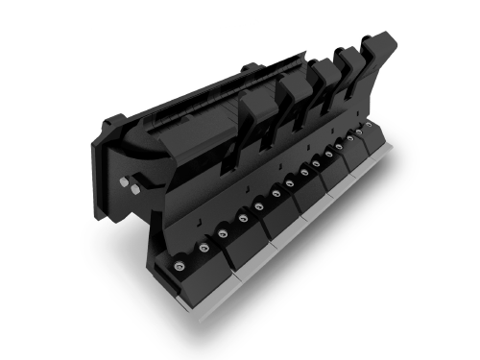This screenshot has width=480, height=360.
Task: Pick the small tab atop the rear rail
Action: tap(248, 67)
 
